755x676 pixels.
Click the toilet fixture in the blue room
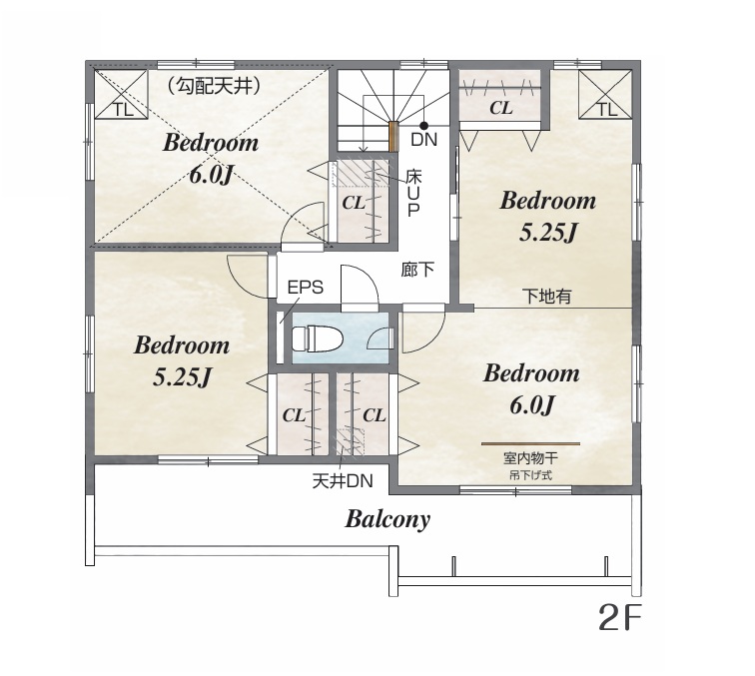pos(318,338)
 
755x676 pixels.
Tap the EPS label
pos(306,287)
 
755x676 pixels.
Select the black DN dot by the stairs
pos(423,126)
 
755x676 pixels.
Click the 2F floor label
pos(620,617)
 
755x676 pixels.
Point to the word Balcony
pos(387,519)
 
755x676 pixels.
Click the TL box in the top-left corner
pos(121,95)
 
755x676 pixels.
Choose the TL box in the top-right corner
pos(605,95)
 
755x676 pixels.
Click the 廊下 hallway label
pos(417,270)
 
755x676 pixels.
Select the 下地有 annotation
pos(547,296)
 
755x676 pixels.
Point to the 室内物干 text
pos(530,457)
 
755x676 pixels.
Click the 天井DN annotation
pos(343,481)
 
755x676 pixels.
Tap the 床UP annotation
pos(413,193)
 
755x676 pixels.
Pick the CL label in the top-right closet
pos(500,108)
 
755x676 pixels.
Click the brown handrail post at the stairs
pos(393,136)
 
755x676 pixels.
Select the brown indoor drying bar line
pos(530,443)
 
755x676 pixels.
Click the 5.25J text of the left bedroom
pos(183,377)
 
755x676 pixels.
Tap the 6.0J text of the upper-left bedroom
pos(211,176)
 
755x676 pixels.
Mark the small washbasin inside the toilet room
pos(380,338)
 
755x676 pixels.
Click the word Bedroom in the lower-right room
pos(531,373)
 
